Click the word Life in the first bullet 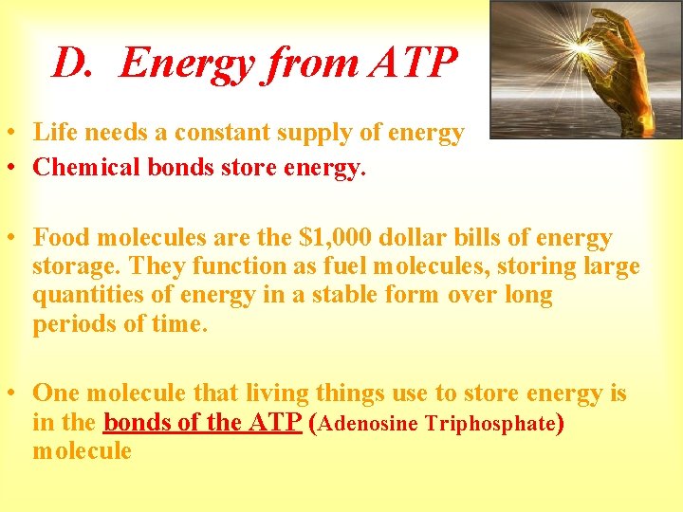click(x=55, y=133)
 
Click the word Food click(x=61, y=238)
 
